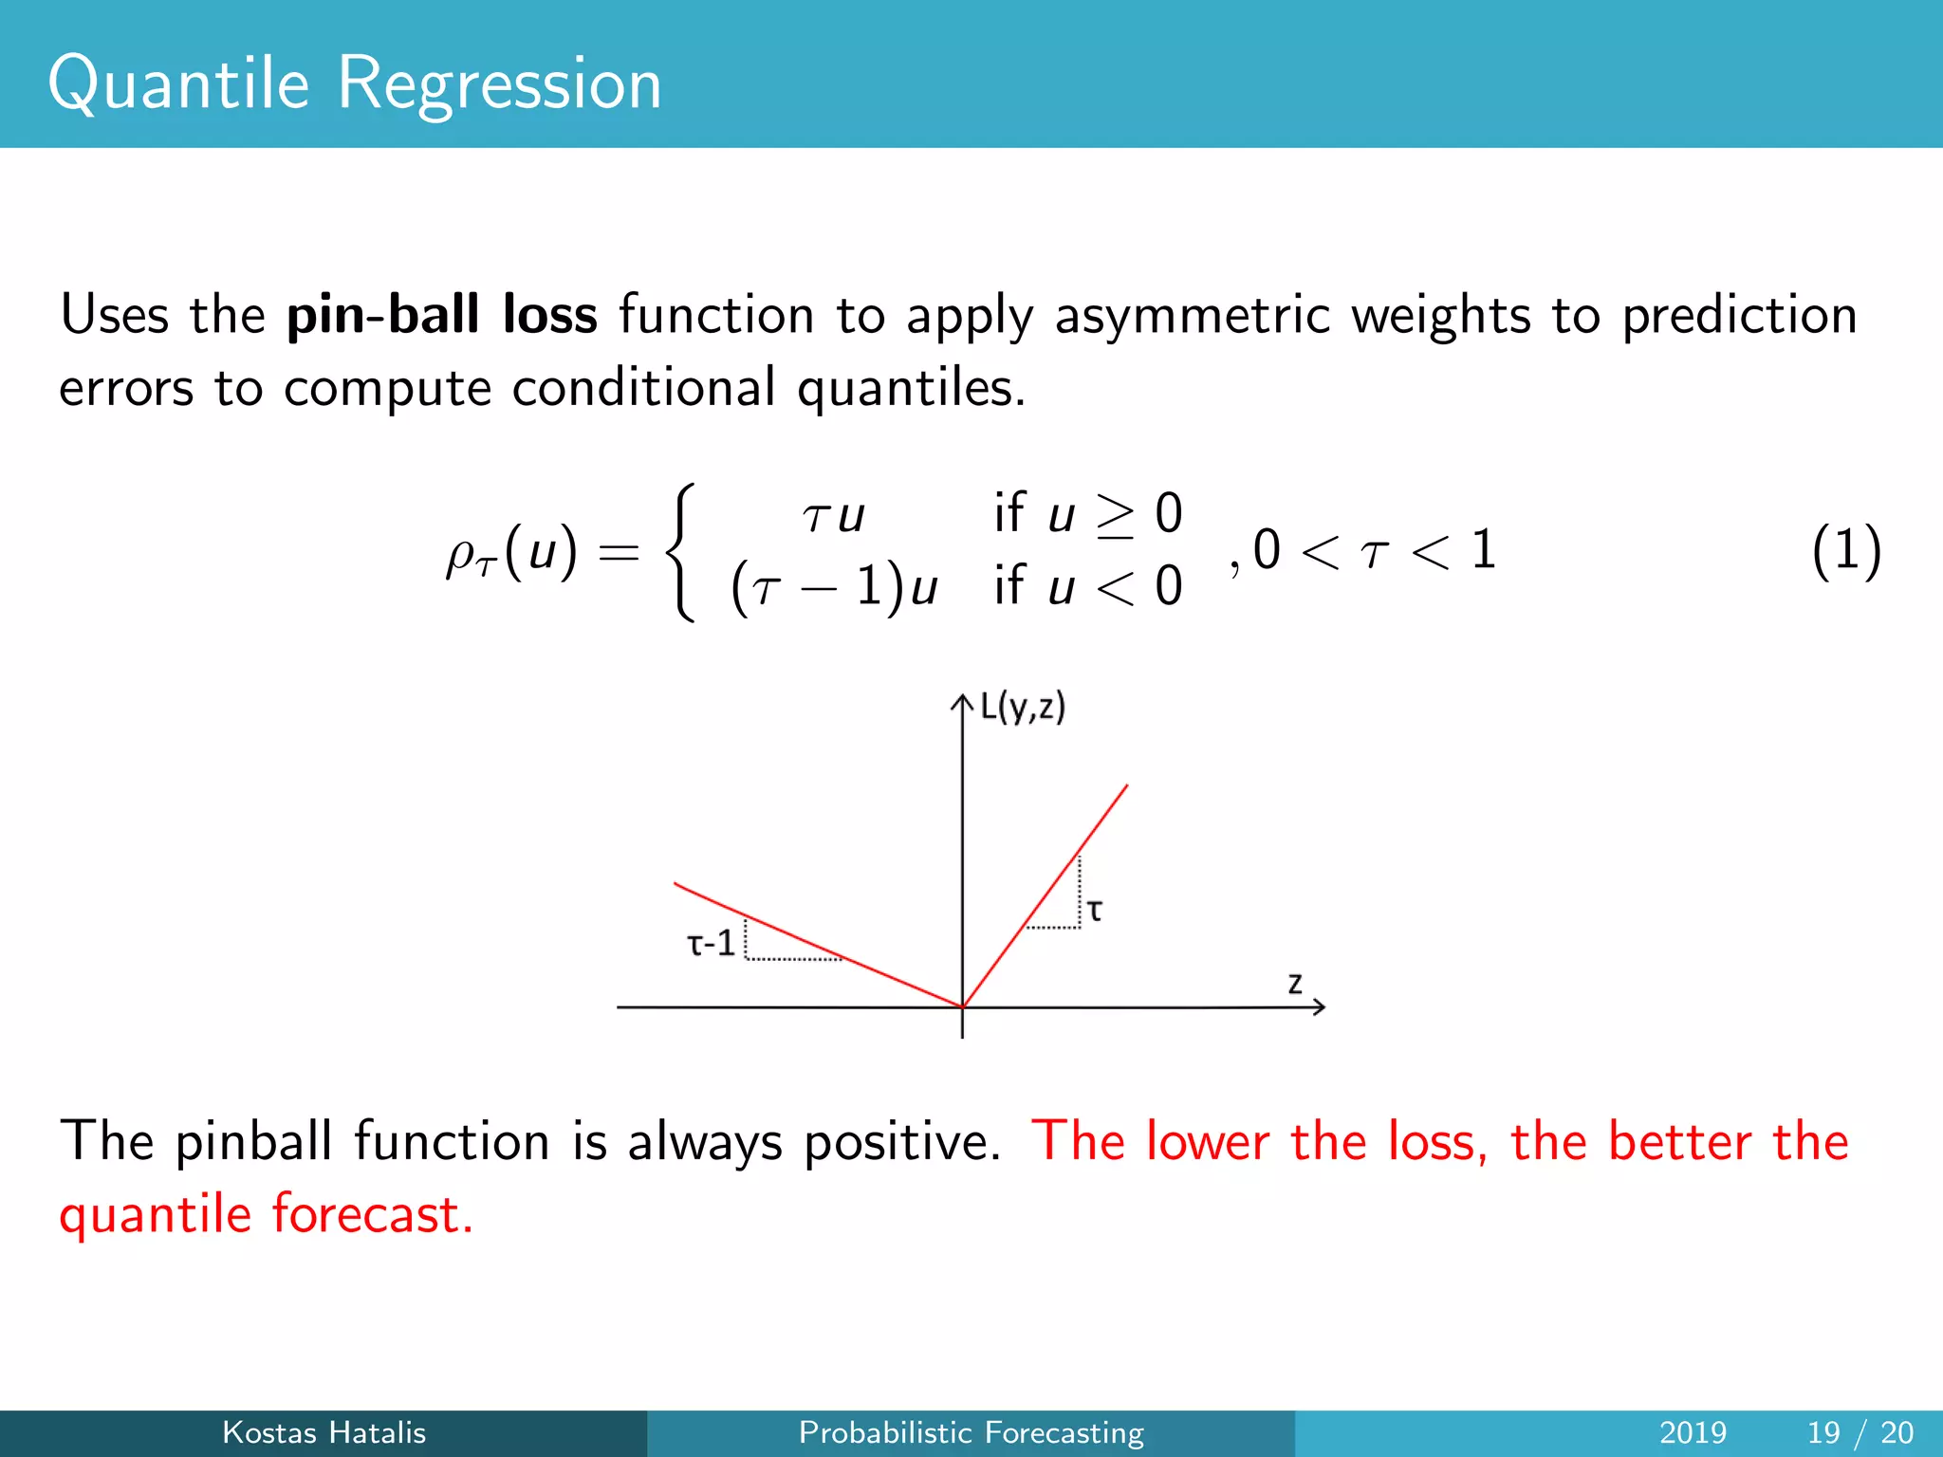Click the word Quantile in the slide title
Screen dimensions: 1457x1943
[x=178, y=84]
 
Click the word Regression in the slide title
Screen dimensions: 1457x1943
[x=499, y=84]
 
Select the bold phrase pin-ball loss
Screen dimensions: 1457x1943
[x=442, y=315]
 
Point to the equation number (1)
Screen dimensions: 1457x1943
[x=1845, y=551]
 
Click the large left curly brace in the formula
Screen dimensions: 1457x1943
[x=681, y=551]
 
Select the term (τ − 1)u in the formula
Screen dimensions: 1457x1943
[x=834, y=586]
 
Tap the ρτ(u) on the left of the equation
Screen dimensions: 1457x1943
[x=511, y=553]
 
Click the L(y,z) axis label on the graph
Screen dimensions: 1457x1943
[x=1023, y=708]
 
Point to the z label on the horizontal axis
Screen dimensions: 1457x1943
[x=1295, y=983]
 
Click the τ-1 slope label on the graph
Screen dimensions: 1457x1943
[x=711, y=944]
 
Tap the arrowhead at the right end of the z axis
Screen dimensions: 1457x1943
[x=1319, y=1007]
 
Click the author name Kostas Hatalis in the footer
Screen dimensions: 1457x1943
[x=324, y=1432]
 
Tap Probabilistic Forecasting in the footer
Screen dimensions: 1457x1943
[x=971, y=1432]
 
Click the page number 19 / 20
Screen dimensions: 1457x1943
[x=1860, y=1432]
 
